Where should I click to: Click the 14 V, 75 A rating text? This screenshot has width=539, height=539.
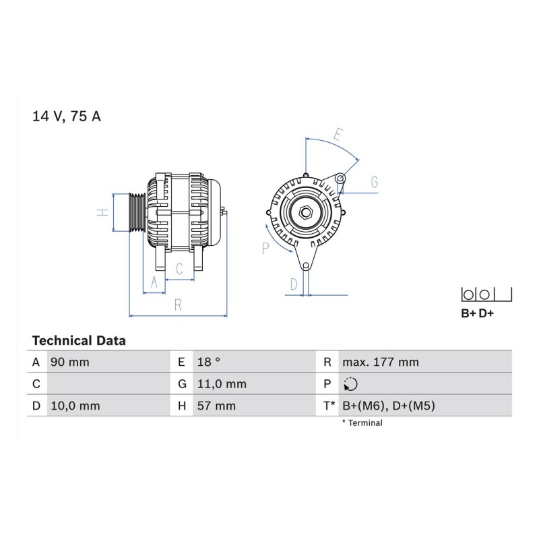[66, 117]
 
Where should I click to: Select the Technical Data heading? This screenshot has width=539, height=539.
[79, 341]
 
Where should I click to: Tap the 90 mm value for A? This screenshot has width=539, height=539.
[70, 362]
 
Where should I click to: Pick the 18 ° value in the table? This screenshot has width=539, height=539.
[209, 362]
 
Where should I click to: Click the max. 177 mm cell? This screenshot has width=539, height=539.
[381, 362]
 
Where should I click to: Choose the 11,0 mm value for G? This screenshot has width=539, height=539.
[222, 384]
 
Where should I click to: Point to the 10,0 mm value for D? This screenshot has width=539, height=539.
[75, 406]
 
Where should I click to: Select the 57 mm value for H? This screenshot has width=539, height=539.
[216, 406]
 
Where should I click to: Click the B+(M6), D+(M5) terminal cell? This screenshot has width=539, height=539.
[389, 406]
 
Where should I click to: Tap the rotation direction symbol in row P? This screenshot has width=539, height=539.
[350, 384]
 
